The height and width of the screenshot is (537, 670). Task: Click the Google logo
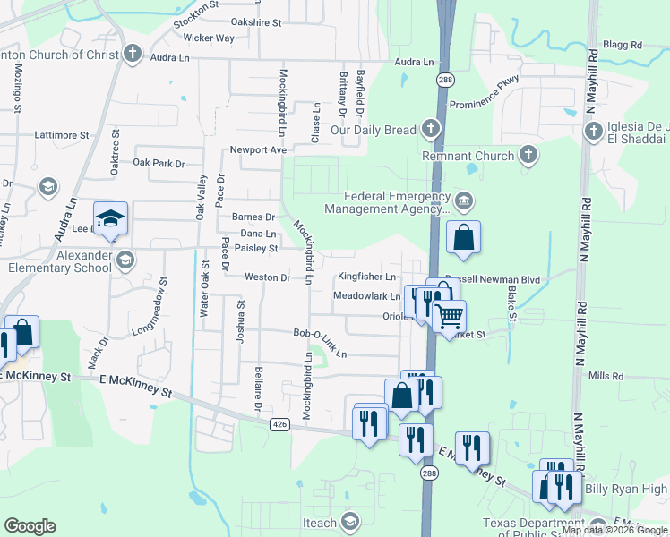click(x=30, y=526)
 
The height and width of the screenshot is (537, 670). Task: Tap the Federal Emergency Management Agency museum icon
click(x=463, y=199)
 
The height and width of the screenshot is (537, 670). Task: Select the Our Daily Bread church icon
click(x=431, y=130)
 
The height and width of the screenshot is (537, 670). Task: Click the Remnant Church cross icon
click(x=528, y=156)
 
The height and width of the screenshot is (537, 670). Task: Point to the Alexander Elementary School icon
click(x=125, y=260)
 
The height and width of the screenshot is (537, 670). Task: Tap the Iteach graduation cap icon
click(x=350, y=523)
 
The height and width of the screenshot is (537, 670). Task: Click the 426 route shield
click(x=279, y=424)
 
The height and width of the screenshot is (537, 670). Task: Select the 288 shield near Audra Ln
click(x=445, y=81)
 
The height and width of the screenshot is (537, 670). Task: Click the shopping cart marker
click(x=449, y=315)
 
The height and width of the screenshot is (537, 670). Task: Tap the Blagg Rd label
click(x=623, y=45)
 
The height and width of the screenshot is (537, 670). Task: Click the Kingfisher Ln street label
click(x=366, y=277)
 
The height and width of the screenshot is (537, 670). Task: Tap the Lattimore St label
click(x=63, y=135)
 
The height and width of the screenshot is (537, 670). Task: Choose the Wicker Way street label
click(x=208, y=38)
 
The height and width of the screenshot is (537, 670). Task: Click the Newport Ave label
click(x=258, y=149)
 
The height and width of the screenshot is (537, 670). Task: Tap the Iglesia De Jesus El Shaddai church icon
click(x=593, y=132)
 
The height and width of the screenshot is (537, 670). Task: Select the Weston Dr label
click(x=268, y=277)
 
